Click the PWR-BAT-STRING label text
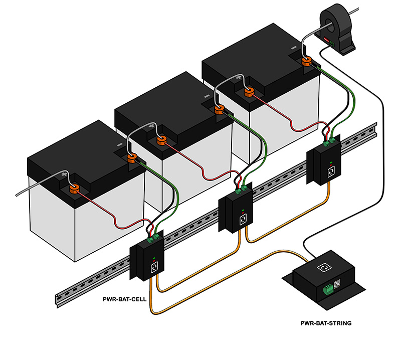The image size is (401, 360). point(325,323)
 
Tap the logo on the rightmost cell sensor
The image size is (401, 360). point(331,171)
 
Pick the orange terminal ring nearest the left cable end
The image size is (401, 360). point(74,190)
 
